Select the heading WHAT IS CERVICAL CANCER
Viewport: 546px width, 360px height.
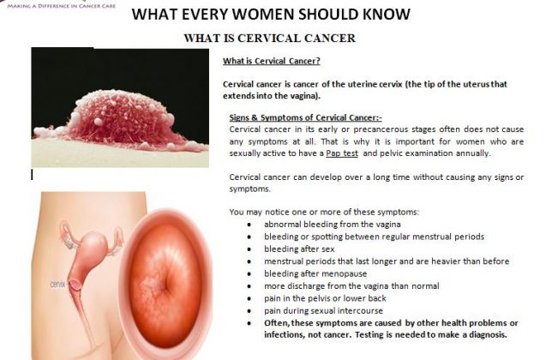pyautogui.click(x=270, y=38)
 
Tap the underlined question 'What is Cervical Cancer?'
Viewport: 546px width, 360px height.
pyautogui.click(x=271, y=61)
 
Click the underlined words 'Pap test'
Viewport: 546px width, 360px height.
pyautogui.click(x=342, y=153)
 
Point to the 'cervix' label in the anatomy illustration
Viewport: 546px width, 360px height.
pyautogui.click(x=57, y=285)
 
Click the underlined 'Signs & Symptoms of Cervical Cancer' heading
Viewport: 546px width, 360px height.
pyautogui.click(x=305, y=117)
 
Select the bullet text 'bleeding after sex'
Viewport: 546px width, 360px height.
pyautogui.click(x=299, y=249)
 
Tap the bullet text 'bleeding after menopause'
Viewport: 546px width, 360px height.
pyautogui.click(x=315, y=273)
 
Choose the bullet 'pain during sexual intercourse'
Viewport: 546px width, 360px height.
pyautogui.click(x=323, y=310)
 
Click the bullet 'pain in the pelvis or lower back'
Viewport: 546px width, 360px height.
pyautogui.click(x=325, y=298)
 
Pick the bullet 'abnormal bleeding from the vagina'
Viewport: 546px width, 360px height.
pyautogui.click(x=333, y=225)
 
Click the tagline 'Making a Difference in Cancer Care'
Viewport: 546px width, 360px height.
pyautogui.click(x=62, y=6)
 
